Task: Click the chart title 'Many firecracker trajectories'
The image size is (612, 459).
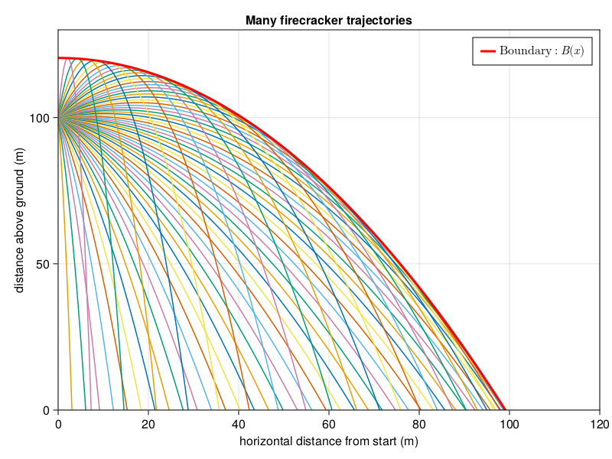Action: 329,21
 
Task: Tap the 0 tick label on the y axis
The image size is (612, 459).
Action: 48,410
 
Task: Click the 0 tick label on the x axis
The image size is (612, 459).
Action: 58,424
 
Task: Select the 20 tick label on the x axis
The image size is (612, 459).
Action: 148,424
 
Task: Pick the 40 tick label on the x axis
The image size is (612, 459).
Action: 239,424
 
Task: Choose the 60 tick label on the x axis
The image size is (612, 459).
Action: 329,424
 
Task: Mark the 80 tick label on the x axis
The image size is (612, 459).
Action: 419,424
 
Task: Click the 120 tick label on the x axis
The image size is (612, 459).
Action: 599,424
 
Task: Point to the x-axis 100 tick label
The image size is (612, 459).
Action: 509,424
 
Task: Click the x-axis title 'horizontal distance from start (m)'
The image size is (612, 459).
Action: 329,442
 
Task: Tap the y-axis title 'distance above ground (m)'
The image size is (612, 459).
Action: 19,220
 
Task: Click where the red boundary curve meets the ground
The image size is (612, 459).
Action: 505,409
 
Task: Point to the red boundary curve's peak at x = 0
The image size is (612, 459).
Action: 59,58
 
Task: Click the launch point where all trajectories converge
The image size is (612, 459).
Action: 59,118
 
